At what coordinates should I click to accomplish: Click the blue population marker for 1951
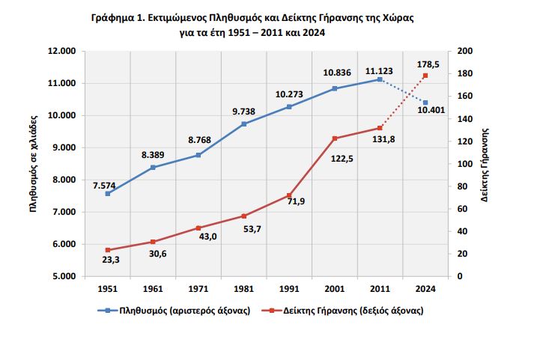pyautogui.click(x=108, y=194)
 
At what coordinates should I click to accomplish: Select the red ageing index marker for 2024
pyautogui.click(x=425, y=76)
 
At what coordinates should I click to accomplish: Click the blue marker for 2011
pyautogui.click(x=380, y=79)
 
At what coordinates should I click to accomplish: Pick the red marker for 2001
pyautogui.click(x=335, y=138)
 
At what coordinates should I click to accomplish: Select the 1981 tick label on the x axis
pyautogui.click(x=244, y=288)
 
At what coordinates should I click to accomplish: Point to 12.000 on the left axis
pyautogui.click(x=63, y=51)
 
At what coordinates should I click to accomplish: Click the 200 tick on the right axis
pyautogui.click(x=464, y=51)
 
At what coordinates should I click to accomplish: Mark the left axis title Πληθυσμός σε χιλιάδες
pyautogui.click(x=34, y=164)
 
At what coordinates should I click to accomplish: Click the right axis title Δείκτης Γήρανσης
pyautogui.click(x=485, y=164)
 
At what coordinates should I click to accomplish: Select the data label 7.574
pyautogui.click(x=106, y=183)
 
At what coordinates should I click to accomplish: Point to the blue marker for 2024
pyautogui.click(x=425, y=103)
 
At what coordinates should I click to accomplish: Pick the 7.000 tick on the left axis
pyautogui.click(x=65, y=212)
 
